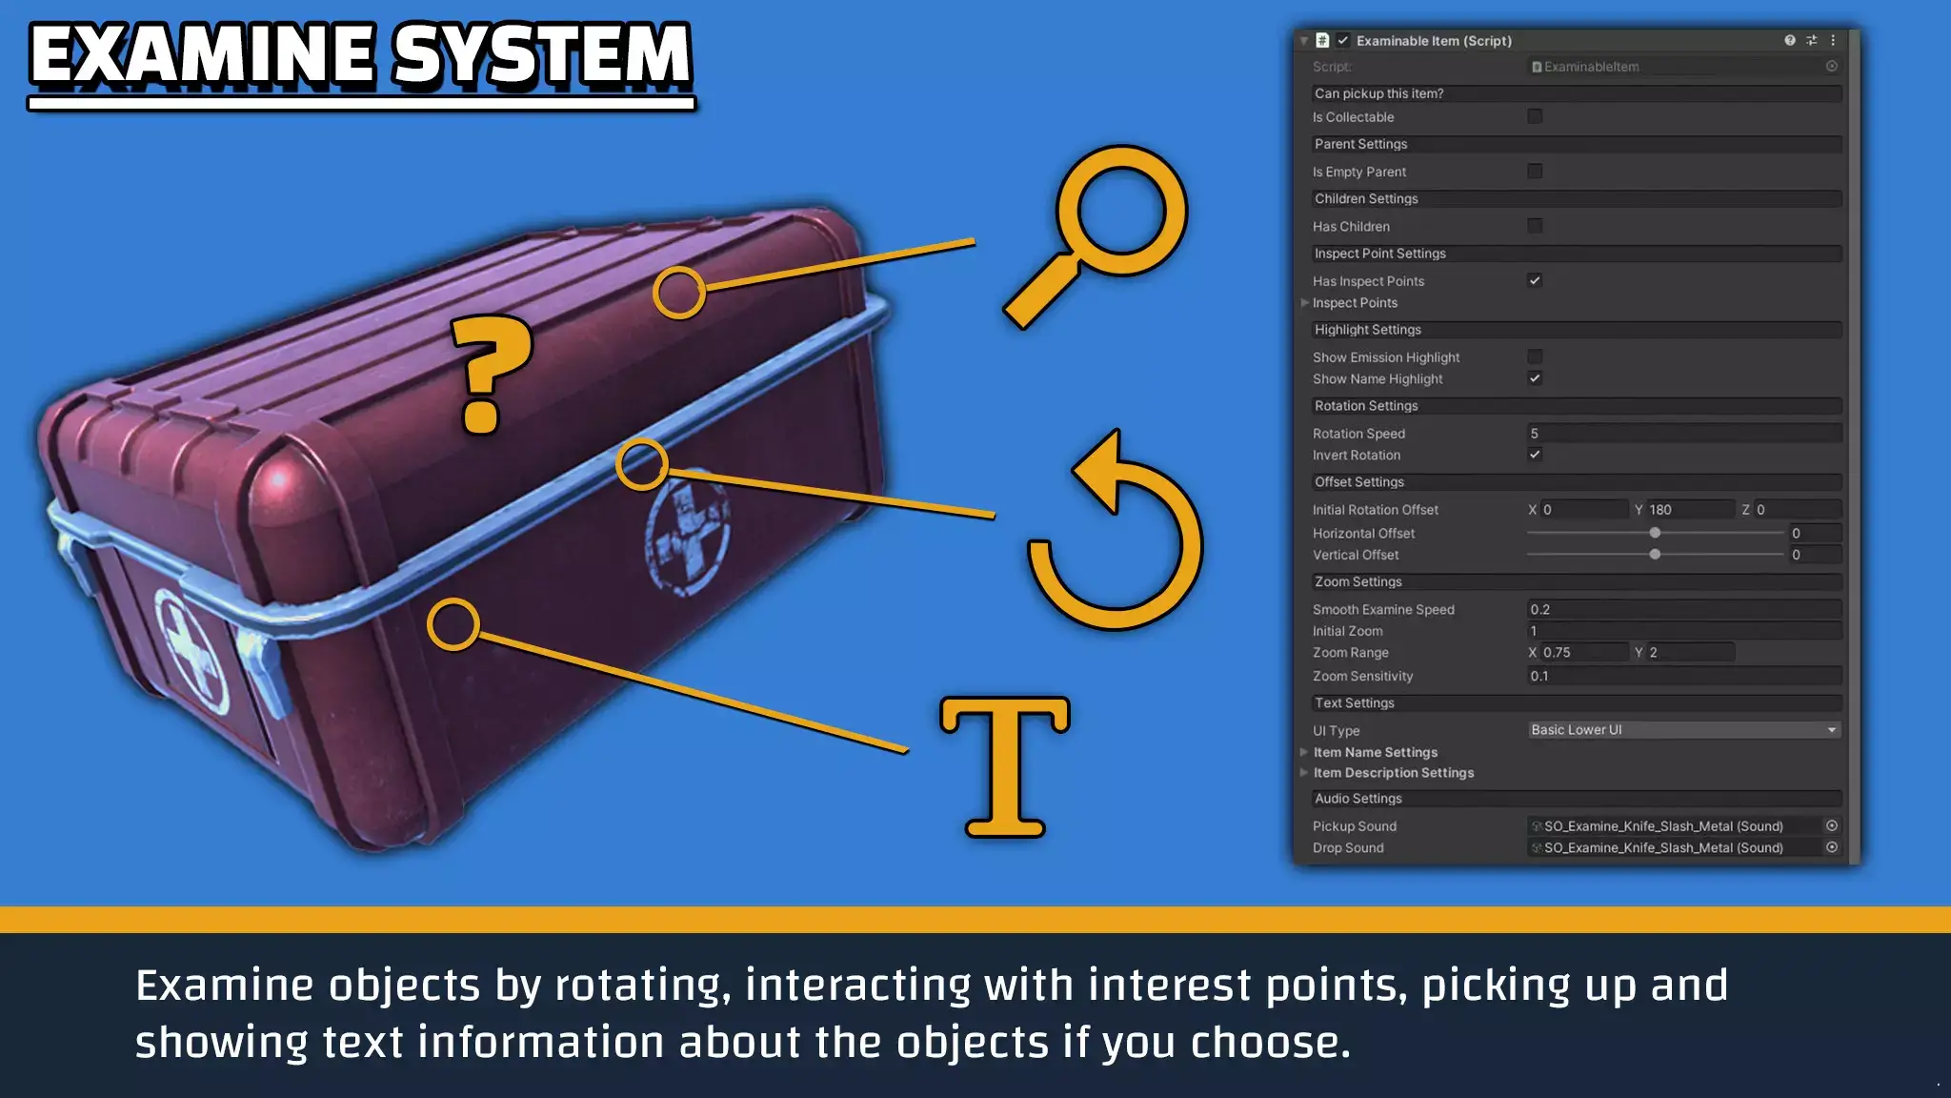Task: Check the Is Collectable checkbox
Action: [1535, 116]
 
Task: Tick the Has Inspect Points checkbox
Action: [1535, 280]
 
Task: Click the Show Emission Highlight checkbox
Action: [1535, 356]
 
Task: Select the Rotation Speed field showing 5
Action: [1683, 433]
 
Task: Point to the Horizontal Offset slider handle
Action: [1655, 533]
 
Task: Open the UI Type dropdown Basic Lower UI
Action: [1683, 729]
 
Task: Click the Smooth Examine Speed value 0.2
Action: [1683, 609]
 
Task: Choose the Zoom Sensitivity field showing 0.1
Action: [1683, 676]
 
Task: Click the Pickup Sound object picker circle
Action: [1831, 825]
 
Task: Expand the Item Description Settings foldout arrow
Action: [1304, 772]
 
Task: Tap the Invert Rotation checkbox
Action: [1535, 455]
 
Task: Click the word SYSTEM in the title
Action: [542, 54]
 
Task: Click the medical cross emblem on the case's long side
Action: [688, 529]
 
